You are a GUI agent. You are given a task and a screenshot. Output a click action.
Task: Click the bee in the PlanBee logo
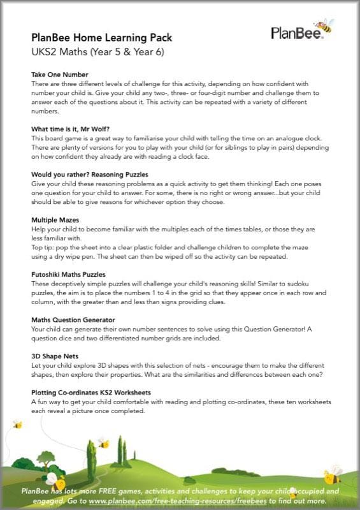(x=325, y=25)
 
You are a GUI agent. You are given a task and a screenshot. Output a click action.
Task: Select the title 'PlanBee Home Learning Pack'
(x=101, y=38)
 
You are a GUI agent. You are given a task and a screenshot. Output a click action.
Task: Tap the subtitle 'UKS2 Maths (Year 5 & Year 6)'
(x=97, y=52)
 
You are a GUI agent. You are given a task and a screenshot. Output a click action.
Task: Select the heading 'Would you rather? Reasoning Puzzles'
(x=89, y=174)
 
